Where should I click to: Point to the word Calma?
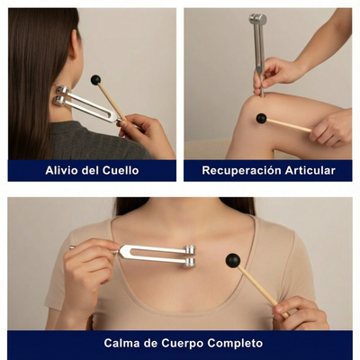pyautogui.click(x=123, y=343)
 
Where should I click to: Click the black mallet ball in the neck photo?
pyautogui.click(x=95, y=80)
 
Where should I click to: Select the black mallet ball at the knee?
pyautogui.click(x=261, y=118)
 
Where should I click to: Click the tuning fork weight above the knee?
pyautogui.click(x=257, y=20)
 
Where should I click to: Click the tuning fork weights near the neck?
pyautogui.click(x=62, y=95)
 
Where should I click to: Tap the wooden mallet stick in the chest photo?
pyautogui.click(x=261, y=288)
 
